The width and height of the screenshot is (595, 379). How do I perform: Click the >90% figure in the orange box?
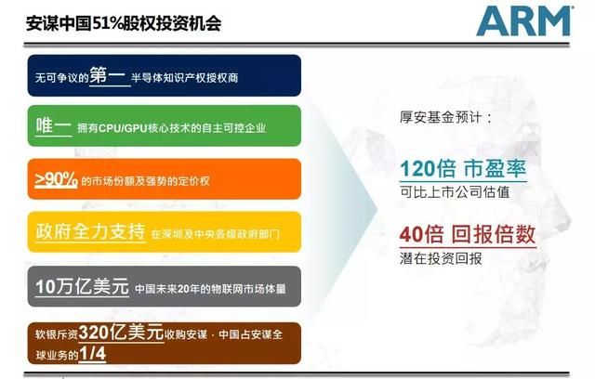click(56, 179)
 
